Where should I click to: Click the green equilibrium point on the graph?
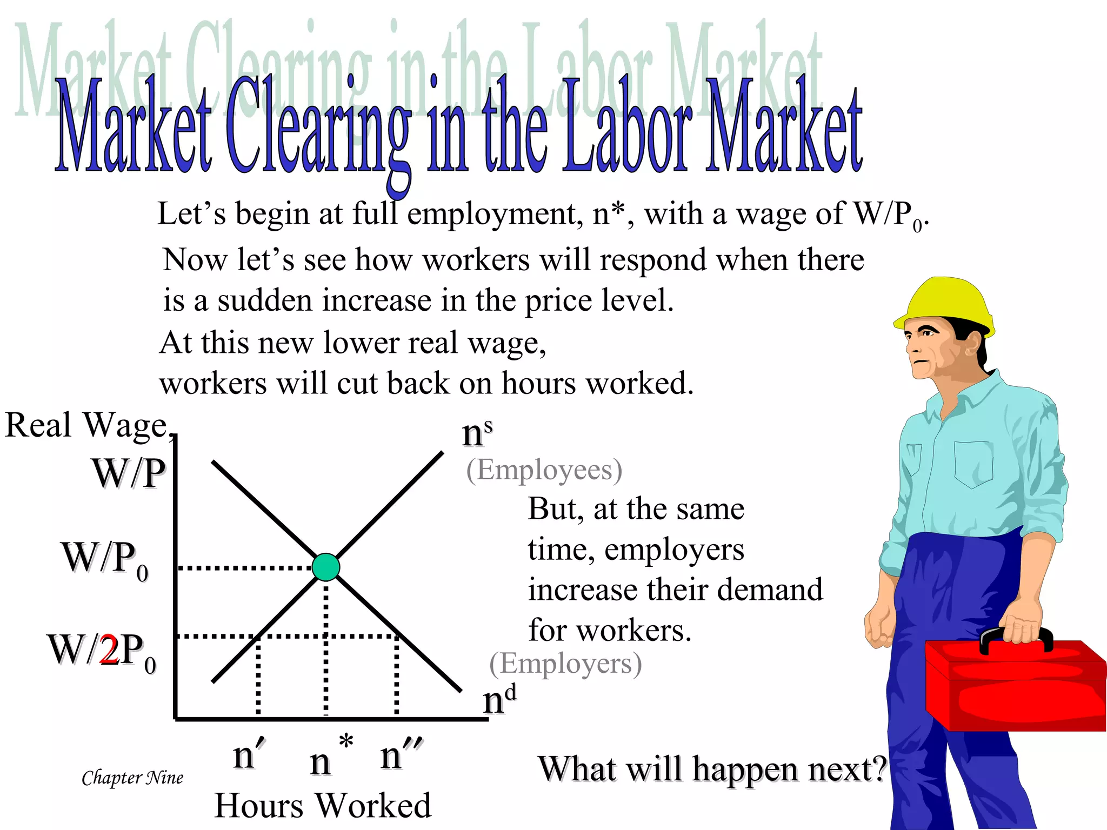click(326, 567)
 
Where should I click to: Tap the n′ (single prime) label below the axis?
click(249, 754)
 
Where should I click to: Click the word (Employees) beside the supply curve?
click(544, 470)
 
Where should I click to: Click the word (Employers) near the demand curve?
click(565, 664)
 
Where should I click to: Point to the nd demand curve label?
click(499, 700)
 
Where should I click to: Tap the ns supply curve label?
click(477, 433)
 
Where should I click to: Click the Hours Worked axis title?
click(323, 806)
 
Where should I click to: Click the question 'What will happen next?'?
click(712, 769)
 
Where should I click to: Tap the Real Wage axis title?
click(86, 425)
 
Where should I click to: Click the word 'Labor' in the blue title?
click(627, 130)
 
